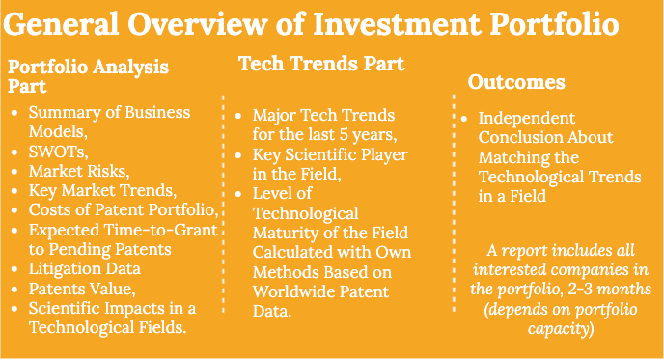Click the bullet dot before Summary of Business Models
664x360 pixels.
(x=14, y=113)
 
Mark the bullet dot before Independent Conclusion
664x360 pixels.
(x=465, y=118)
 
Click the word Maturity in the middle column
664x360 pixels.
(x=289, y=232)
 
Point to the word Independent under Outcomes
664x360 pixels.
(x=527, y=118)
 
